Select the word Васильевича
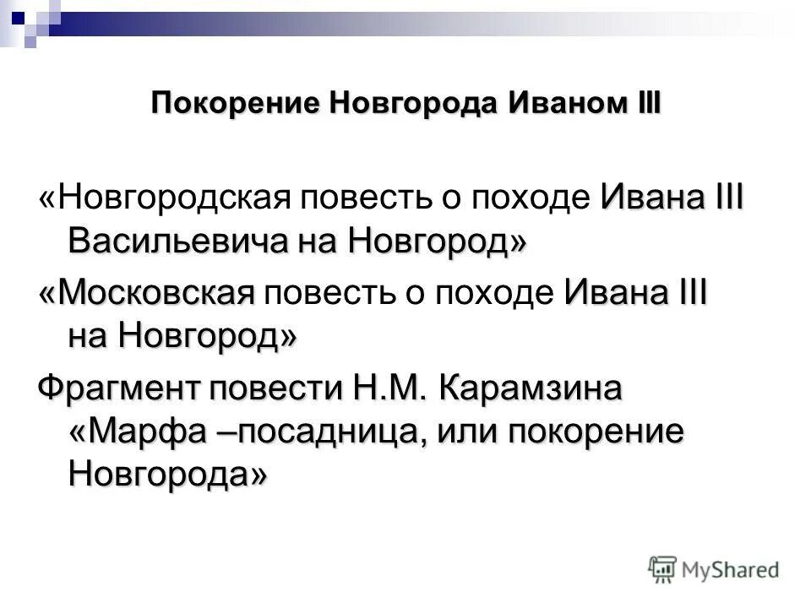point(179,243)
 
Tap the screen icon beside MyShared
point(664,569)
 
